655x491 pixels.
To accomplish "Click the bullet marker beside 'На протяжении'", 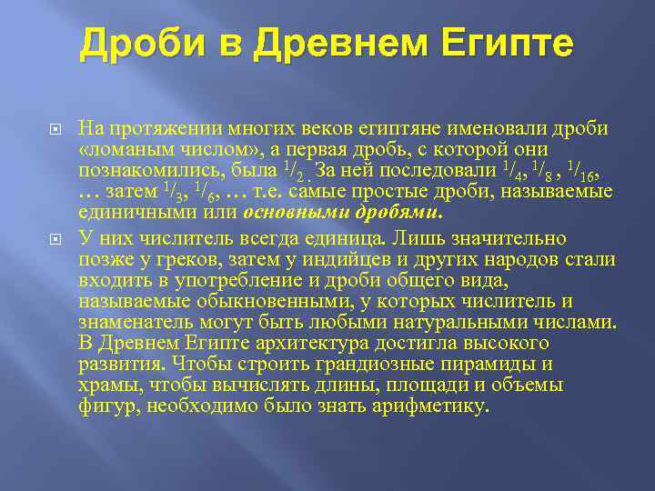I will click(x=55, y=129).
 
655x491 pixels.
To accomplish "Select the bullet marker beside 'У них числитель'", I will click(x=55, y=239).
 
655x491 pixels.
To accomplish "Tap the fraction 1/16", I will click(x=579, y=169).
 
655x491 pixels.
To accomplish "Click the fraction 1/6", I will click(x=207, y=190).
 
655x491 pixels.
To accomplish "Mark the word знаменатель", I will click(x=134, y=322).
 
